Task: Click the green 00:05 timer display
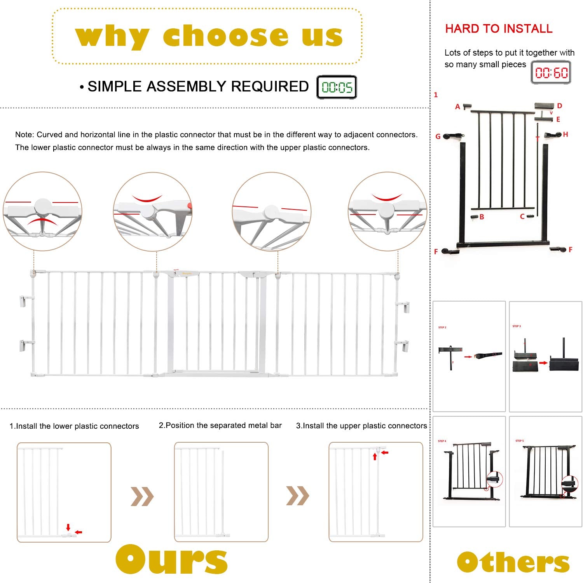[337, 87]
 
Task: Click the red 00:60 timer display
[551, 73]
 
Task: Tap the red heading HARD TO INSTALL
[499, 29]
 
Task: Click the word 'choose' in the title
[225, 36]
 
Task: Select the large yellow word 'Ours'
[171, 560]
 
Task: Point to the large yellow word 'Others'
[513, 562]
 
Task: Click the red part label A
[457, 106]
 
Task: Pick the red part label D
[560, 106]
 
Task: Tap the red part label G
[438, 136]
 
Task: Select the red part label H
[566, 134]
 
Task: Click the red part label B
[482, 217]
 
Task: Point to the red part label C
[522, 216]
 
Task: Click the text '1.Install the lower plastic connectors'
[74, 426]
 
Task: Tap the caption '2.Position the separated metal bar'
[220, 426]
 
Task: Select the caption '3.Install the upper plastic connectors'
[361, 426]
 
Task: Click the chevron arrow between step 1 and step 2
[142, 496]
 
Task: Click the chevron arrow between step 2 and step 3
[297, 496]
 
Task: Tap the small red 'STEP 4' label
[442, 441]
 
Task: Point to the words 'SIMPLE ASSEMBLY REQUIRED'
[198, 87]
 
